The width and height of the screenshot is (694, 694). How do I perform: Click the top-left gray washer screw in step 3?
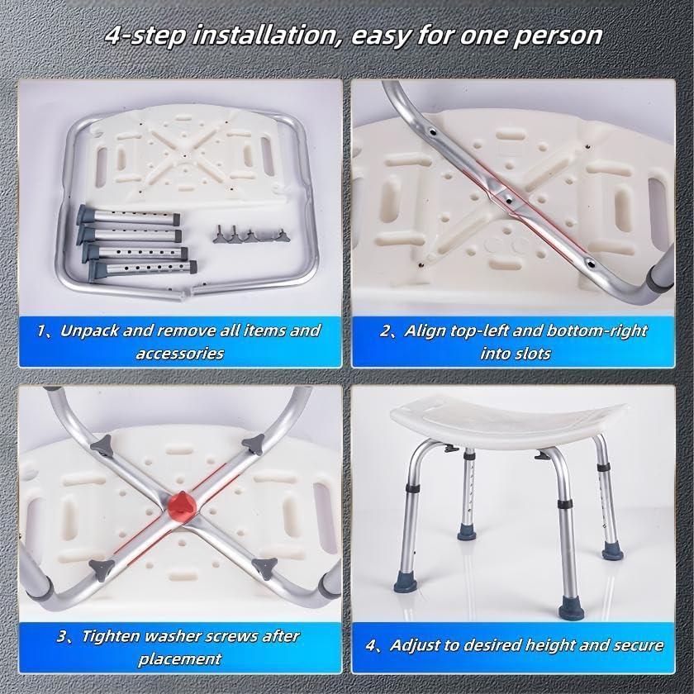(101, 445)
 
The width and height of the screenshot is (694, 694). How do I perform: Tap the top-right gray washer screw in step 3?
(254, 444)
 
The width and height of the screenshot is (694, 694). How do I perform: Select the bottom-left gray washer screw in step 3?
(102, 568)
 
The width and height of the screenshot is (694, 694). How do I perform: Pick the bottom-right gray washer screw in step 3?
(264, 568)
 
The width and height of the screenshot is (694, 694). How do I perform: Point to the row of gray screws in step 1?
(250, 237)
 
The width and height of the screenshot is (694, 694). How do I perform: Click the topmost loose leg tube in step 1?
(128, 216)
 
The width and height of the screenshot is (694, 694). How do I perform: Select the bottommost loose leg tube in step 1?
(142, 269)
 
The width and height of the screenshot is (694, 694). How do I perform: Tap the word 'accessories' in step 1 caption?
(180, 354)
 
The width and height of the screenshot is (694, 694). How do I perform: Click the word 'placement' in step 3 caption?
(180, 659)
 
